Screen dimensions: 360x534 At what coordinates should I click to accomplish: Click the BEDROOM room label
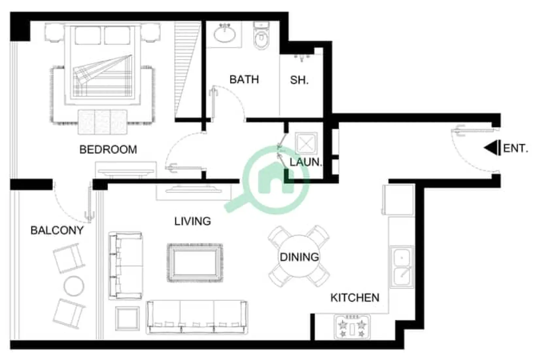click(108, 150)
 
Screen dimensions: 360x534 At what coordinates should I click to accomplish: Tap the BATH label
click(244, 80)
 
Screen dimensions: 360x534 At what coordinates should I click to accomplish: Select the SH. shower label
click(299, 80)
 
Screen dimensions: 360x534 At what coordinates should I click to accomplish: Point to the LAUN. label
click(305, 162)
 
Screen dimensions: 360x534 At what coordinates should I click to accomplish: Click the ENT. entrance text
click(515, 148)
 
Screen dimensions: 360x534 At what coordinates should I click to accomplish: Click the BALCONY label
click(57, 230)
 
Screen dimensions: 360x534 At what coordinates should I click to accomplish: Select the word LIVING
click(192, 221)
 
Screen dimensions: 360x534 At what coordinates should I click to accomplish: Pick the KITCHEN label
click(355, 298)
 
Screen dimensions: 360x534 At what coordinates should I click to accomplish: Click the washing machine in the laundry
click(306, 143)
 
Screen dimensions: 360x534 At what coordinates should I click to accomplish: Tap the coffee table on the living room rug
click(195, 262)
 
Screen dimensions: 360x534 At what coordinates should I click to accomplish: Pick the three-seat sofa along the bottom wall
click(197, 317)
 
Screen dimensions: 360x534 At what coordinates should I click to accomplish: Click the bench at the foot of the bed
click(103, 121)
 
